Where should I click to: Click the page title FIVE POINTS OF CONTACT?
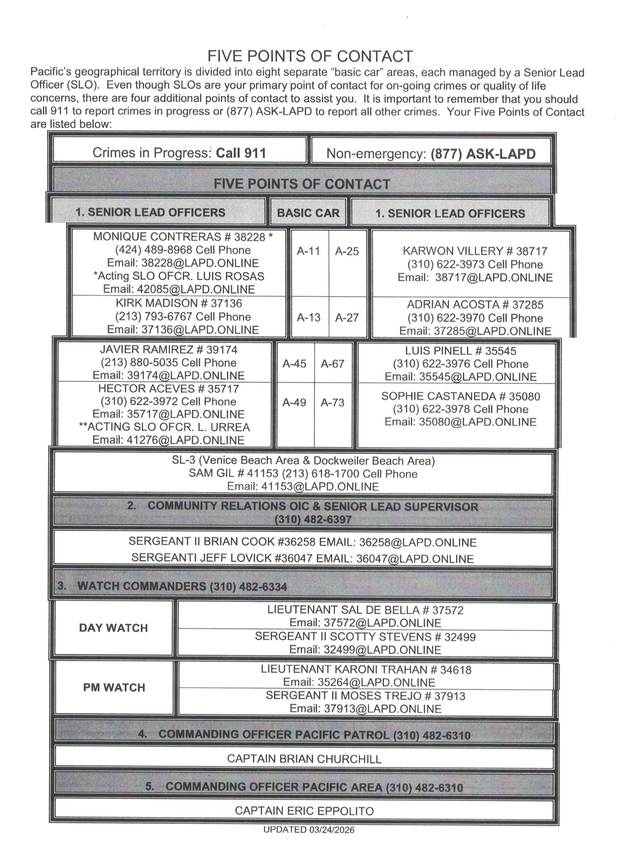tap(310, 56)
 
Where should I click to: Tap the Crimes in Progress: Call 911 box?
tap(179, 153)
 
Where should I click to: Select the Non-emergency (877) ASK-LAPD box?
tap(431, 154)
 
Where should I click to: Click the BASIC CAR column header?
tap(308, 213)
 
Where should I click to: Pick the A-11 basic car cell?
tap(308, 251)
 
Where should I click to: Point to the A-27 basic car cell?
tap(347, 317)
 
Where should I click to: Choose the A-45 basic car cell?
tap(294, 364)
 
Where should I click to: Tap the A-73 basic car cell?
tap(332, 402)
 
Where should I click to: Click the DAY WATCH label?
tap(113, 628)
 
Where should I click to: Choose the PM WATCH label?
tap(114, 687)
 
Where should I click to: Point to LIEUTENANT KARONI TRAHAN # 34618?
tap(366, 670)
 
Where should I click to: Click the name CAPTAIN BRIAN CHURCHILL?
tap(304, 759)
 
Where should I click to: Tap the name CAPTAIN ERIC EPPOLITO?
tap(304, 811)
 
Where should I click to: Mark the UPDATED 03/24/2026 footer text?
tap(309, 830)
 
